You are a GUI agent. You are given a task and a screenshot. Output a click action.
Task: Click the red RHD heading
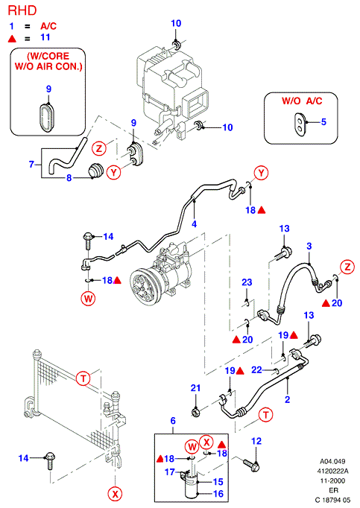pos(22,10)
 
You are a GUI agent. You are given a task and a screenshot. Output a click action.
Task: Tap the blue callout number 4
pos(194,224)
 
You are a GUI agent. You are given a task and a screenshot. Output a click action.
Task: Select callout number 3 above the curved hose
pos(309,247)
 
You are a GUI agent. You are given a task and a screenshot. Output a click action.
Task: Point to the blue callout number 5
pos(323,122)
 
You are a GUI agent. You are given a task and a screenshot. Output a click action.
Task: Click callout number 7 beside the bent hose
pos(31,165)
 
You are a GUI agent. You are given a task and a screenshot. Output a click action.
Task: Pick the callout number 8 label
pos(69,178)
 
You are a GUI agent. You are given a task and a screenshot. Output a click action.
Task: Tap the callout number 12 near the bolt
pos(256,441)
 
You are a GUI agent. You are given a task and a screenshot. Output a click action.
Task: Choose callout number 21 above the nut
pos(195,388)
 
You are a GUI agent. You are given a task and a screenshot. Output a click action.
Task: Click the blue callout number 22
pos(256,369)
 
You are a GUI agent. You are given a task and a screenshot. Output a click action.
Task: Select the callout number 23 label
pos(247,282)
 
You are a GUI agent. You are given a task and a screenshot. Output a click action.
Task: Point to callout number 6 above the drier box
pos(173,421)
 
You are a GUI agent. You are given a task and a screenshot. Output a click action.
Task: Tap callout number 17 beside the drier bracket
pos(170,472)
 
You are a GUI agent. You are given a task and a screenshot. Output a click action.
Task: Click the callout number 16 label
pos(218,493)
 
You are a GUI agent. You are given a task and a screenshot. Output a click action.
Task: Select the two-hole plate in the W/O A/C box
pos(300,124)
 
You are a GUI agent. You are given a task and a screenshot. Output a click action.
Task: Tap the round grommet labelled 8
pos(95,171)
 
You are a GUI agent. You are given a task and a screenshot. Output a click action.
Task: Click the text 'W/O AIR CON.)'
pos(48,67)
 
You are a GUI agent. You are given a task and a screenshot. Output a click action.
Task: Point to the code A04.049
pos(332,461)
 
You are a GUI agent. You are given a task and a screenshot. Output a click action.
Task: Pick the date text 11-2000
pos(332,480)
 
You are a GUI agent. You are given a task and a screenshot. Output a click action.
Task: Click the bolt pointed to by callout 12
pos(250,463)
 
